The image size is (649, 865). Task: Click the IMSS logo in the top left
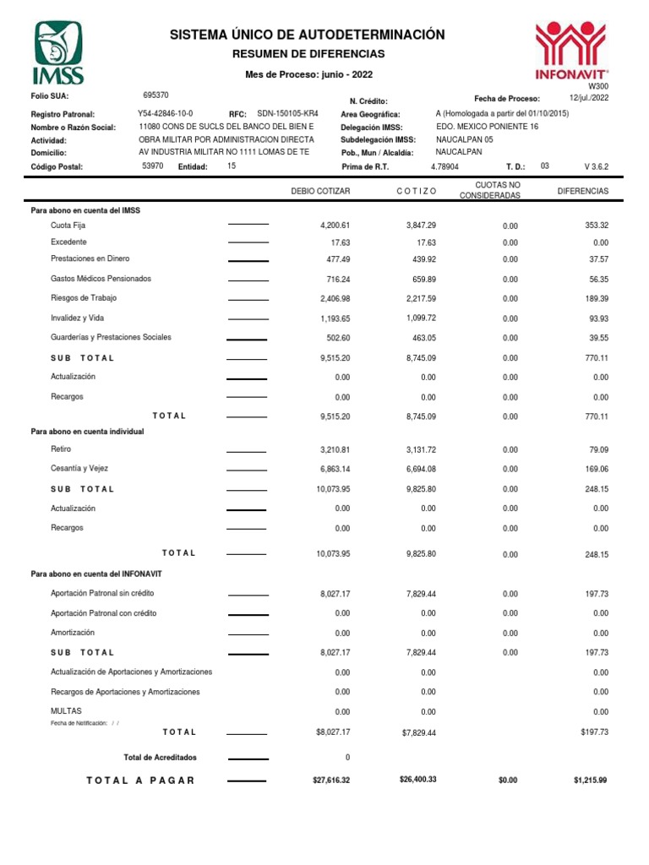click(x=58, y=52)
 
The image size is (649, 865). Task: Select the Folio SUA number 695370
click(x=156, y=95)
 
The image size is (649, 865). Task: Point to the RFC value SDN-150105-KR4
click(x=287, y=113)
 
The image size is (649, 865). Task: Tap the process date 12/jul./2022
click(x=589, y=98)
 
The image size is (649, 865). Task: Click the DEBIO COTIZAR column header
click(x=320, y=192)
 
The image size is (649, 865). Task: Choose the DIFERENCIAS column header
click(x=583, y=192)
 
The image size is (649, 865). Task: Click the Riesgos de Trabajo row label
click(x=84, y=298)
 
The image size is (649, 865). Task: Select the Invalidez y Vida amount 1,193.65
click(x=335, y=318)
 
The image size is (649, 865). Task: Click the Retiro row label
click(x=62, y=449)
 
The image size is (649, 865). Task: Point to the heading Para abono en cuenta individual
click(x=87, y=431)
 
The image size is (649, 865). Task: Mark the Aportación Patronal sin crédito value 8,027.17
click(x=335, y=595)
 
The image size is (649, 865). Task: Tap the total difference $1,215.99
click(x=590, y=781)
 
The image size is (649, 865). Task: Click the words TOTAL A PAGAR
click(x=140, y=781)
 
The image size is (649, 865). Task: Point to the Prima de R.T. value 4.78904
click(x=444, y=167)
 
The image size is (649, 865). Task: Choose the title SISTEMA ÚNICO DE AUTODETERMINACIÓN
click(x=307, y=35)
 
